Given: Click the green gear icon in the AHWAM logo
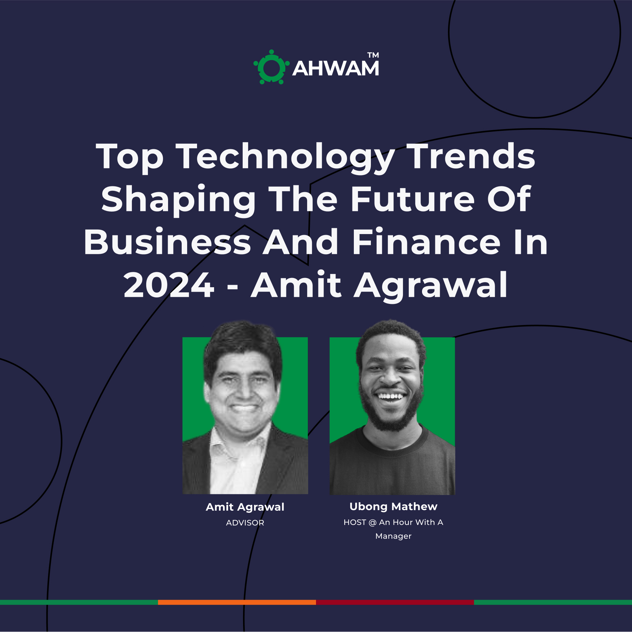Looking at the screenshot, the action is (271, 67).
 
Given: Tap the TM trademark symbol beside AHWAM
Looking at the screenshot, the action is (373, 55).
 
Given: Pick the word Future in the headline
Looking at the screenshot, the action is (413, 199).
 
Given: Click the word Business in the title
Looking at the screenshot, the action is (167, 242).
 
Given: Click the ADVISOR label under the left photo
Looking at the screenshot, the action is (245, 523).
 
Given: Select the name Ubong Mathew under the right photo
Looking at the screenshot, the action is (393, 507).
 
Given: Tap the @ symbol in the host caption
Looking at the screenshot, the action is (373, 522).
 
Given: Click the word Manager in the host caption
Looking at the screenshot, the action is (393, 536).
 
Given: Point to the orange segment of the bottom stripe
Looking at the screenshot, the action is (237, 602).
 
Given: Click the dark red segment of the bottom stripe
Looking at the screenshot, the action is (395, 602).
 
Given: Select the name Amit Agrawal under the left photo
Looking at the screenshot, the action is (245, 507).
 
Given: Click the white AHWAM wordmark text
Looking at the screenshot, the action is (336, 68).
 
